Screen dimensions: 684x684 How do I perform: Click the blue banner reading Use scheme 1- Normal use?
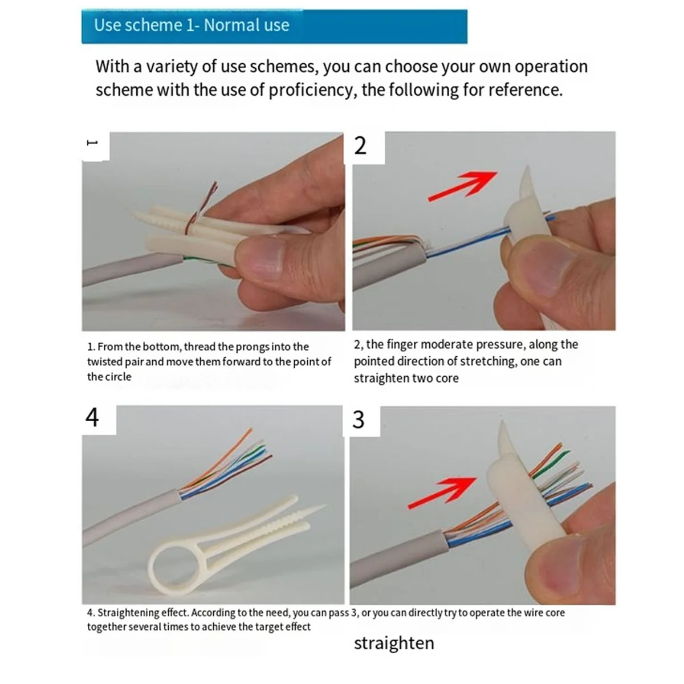[274, 26]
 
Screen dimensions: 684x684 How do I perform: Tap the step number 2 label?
[360, 146]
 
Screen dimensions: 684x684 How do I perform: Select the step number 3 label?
[359, 420]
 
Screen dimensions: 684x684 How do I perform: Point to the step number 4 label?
[92, 417]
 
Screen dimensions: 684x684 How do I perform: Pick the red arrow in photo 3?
[442, 492]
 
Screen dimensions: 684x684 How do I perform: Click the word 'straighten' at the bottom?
[394, 643]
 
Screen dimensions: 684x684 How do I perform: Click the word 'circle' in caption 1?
[117, 377]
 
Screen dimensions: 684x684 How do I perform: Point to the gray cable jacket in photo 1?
[125, 270]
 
